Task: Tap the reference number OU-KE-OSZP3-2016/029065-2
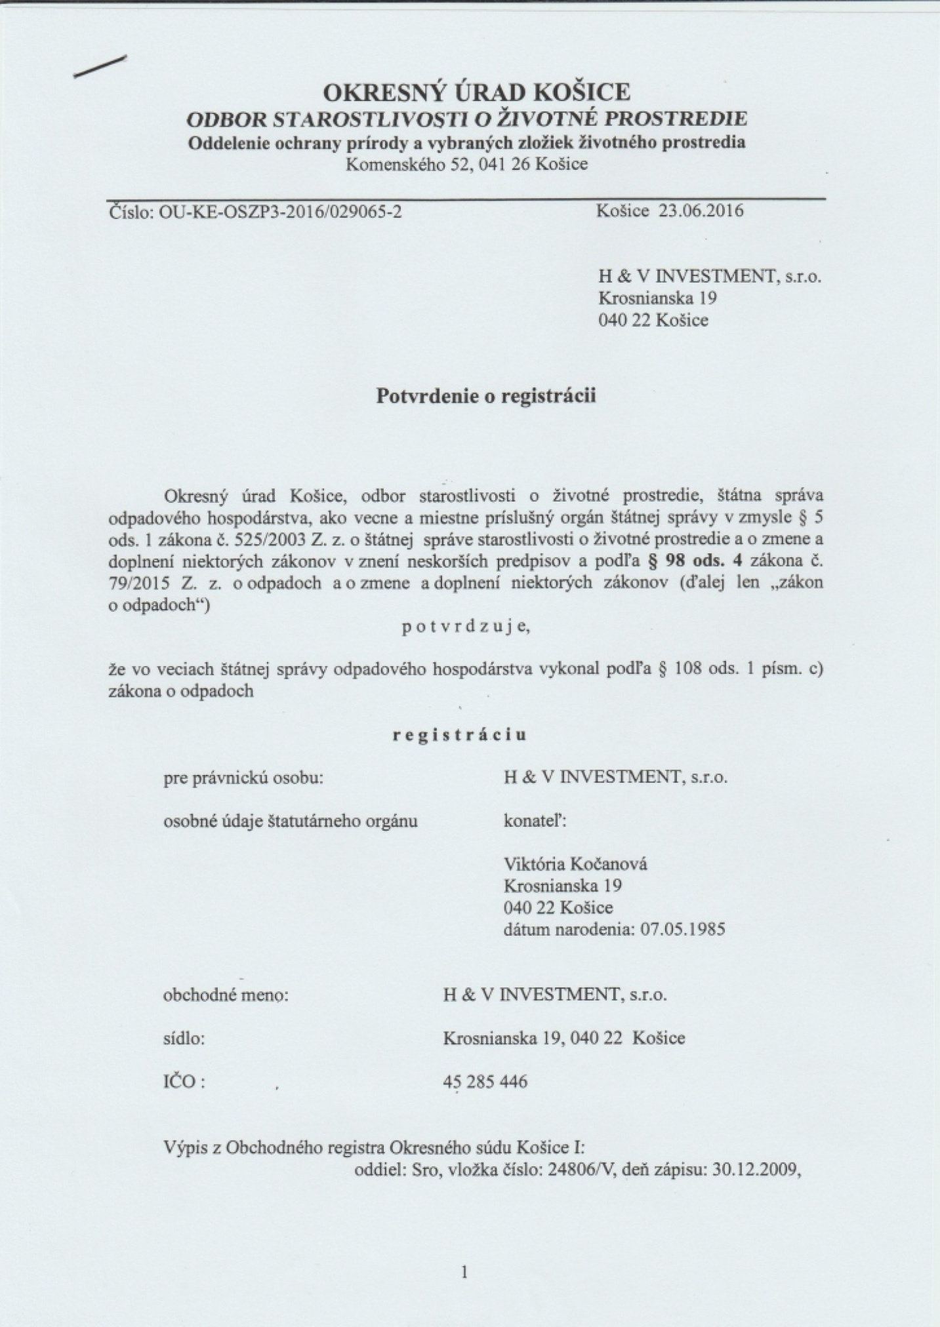coord(281,212)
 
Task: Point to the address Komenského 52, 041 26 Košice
coord(466,164)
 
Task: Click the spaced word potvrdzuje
coord(465,627)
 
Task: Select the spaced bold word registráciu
coord(460,735)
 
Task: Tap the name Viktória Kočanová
coord(575,864)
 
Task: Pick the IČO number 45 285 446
coord(485,1081)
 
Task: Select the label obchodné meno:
coord(226,995)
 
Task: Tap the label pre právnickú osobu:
coord(243,778)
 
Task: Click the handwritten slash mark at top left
coord(100,67)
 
